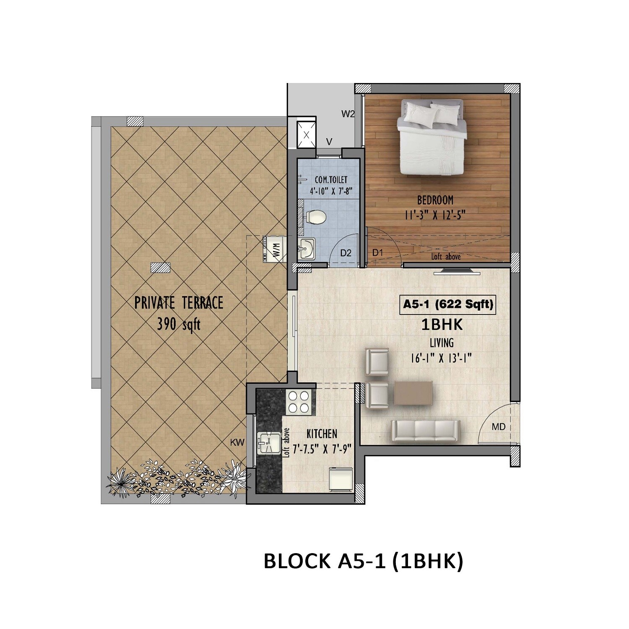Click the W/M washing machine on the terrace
click(x=275, y=250)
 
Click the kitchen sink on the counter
click(x=269, y=443)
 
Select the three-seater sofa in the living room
click(x=426, y=431)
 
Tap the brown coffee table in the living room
click(x=413, y=393)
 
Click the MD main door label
click(x=498, y=427)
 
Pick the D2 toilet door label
click(x=346, y=253)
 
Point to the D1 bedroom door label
click(x=378, y=253)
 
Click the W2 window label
click(x=348, y=114)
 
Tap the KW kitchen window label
click(x=237, y=442)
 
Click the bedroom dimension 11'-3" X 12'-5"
click(x=435, y=216)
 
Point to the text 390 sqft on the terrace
click(x=179, y=324)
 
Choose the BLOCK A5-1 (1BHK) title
click(x=363, y=561)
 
